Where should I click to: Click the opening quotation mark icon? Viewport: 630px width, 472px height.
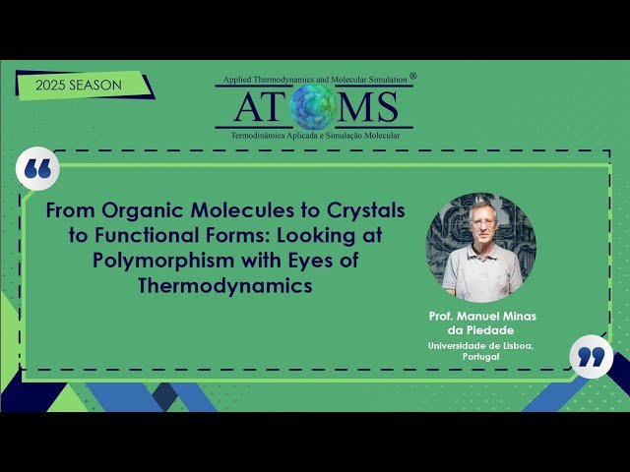tap(38, 170)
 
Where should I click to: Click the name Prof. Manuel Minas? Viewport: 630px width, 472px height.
tap(481, 317)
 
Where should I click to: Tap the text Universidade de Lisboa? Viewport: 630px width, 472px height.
tap(481, 346)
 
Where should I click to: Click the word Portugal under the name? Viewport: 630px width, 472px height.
tap(480, 357)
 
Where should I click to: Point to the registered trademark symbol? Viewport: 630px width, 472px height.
tap(412, 75)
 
